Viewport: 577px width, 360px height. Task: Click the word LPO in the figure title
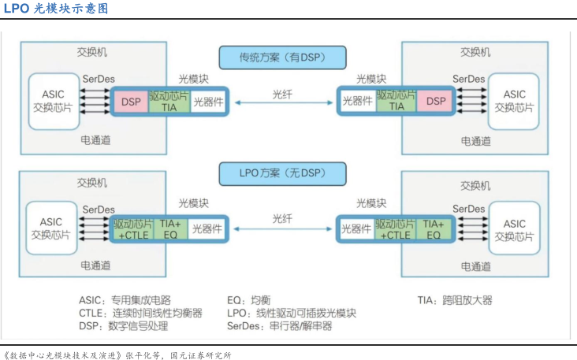[x=17, y=9]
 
